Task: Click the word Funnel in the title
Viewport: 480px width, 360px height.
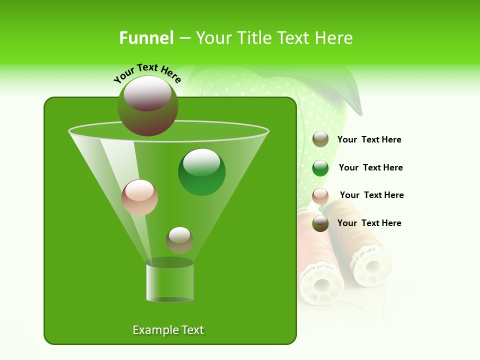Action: coord(146,38)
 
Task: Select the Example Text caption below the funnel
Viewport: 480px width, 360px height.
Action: coord(168,330)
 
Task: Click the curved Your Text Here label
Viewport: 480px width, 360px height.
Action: coord(147,73)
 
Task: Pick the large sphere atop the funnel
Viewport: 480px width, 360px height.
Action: coord(147,105)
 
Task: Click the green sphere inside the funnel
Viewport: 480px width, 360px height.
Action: coord(201,172)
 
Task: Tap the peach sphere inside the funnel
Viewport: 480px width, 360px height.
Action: coord(139,197)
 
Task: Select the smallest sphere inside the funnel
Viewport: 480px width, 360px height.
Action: coord(179,240)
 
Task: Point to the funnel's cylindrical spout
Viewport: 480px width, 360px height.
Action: coord(169,281)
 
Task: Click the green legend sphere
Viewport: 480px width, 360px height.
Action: coord(320,168)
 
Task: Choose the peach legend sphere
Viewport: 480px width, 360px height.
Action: coord(320,196)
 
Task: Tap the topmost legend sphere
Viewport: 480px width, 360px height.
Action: coord(320,139)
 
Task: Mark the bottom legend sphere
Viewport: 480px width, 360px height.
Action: coord(320,223)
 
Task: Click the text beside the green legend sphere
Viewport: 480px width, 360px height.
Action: coord(370,167)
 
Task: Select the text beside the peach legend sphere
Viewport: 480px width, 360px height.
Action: coord(371,195)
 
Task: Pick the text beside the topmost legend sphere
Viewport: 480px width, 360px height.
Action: coord(369,139)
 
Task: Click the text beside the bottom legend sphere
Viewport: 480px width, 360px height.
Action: coord(369,223)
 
